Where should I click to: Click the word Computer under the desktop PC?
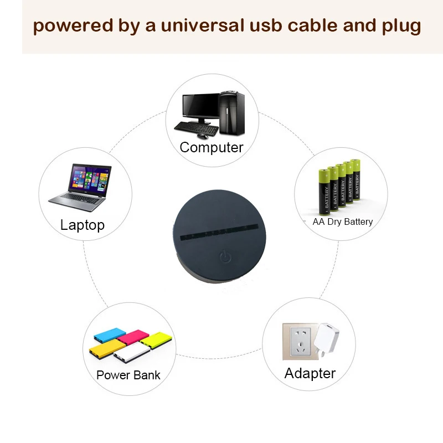click(x=212, y=148)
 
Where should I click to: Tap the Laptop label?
click(x=82, y=225)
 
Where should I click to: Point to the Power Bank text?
click(x=128, y=375)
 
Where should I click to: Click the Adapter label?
click(x=310, y=373)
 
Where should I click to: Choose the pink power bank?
click(x=133, y=336)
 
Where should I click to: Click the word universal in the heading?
click(x=204, y=26)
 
